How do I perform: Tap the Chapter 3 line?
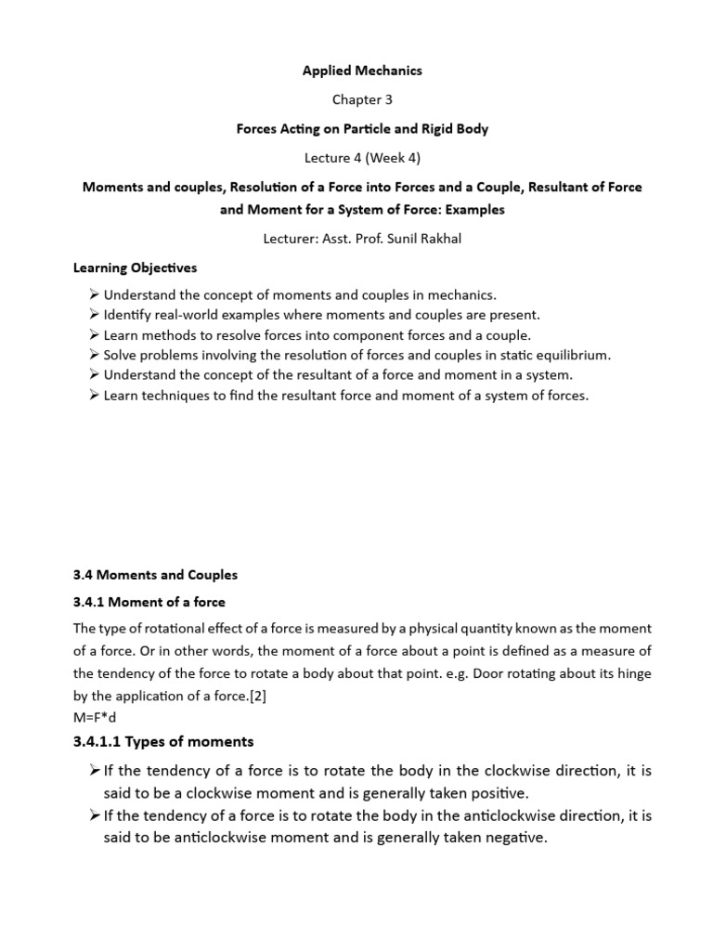click(362, 99)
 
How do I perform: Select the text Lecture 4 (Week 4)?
click(362, 158)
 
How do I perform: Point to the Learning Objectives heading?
click(136, 267)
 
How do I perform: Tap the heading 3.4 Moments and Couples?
click(156, 575)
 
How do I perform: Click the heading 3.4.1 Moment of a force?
click(149, 602)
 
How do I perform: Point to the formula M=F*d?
click(97, 716)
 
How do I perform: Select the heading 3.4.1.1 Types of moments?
click(163, 741)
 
